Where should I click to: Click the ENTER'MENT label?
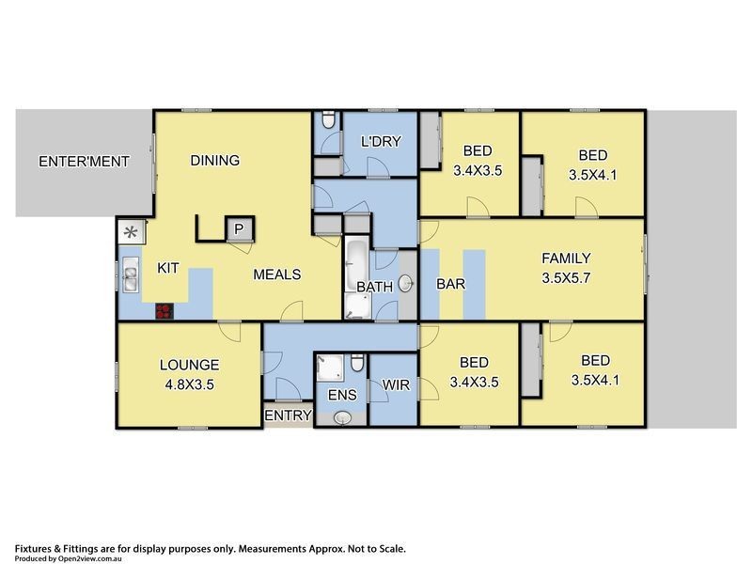click(x=84, y=162)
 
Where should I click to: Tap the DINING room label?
click(x=215, y=160)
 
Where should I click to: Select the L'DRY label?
click(x=381, y=142)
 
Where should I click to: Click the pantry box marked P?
click(x=239, y=229)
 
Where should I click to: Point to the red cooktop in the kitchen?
click(x=164, y=311)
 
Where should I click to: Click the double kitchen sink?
click(x=131, y=274)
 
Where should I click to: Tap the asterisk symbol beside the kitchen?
click(x=131, y=233)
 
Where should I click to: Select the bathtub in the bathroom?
click(x=356, y=265)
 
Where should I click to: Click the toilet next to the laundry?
click(x=328, y=120)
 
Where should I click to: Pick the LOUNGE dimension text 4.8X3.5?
click(x=190, y=384)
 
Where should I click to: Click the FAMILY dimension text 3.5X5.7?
click(x=566, y=278)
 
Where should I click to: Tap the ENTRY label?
click(x=289, y=415)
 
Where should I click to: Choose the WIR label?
click(x=396, y=385)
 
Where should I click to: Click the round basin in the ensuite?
click(x=342, y=417)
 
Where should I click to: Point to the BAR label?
click(x=451, y=284)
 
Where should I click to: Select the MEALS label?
click(x=277, y=274)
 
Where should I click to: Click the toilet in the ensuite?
click(x=357, y=363)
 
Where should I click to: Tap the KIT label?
click(x=168, y=268)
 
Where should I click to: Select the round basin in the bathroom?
click(x=406, y=284)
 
